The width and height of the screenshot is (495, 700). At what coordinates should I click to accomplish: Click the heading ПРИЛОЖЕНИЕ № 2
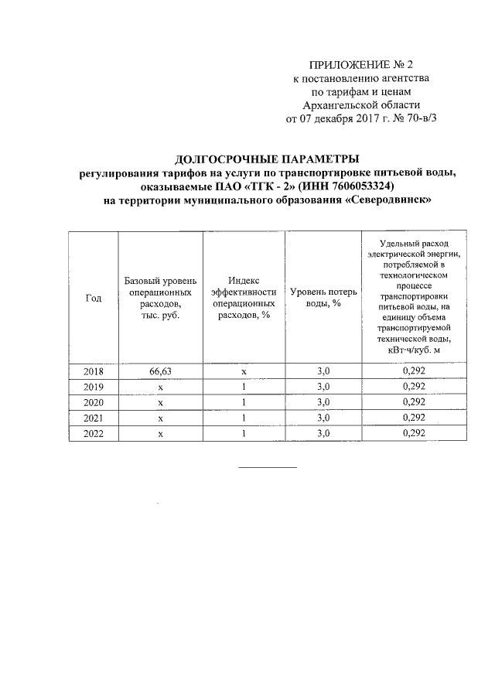tap(363, 64)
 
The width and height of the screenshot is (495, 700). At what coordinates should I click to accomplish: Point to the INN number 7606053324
tap(357, 187)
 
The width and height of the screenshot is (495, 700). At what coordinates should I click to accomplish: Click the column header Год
tap(93, 300)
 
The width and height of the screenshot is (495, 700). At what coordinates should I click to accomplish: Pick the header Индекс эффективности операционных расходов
tap(244, 297)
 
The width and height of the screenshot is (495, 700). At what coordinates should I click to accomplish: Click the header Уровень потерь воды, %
tap(323, 297)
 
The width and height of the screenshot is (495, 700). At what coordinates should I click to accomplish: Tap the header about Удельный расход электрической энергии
tap(415, 297)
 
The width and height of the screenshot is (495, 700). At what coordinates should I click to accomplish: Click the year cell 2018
tap(93, 371)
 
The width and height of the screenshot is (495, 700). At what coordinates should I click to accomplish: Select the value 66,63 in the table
tap(160, 371)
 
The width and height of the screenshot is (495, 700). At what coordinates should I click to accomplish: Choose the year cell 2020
tap(93, 403)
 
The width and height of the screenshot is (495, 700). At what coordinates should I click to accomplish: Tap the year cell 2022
tap(93, 434)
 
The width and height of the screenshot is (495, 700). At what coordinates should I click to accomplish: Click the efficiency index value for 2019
tap(244, 387)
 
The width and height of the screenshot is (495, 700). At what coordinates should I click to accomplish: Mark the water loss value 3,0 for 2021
tap(323, 418)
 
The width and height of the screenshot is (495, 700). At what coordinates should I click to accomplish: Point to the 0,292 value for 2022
tap(415, 434)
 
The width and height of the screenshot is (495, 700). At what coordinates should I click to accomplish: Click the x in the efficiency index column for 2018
tap(244, 371)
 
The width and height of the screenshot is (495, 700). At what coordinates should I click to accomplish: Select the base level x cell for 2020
tap(160, 403)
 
